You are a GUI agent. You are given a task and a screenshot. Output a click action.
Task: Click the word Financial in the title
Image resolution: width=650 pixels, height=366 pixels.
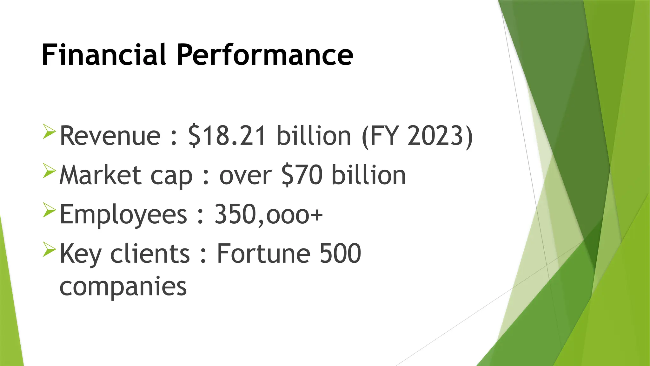pyautogui.click(x=104, y=55)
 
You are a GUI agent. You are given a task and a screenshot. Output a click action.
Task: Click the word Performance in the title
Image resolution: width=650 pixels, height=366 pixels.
pyautogui.click(x=265, y=55)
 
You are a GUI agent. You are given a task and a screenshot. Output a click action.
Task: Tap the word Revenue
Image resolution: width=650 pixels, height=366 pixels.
pyautogui.click(x=110, y=136)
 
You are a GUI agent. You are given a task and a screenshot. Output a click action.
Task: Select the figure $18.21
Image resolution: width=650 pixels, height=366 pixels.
pyautogui.click(x=227, y=136)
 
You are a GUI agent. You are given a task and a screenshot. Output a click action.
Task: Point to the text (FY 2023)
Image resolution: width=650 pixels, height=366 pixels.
pyautogui.click(x=417, y=136)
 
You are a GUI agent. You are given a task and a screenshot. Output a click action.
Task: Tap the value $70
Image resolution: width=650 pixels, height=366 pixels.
pyautogui.click(x=302, y=175)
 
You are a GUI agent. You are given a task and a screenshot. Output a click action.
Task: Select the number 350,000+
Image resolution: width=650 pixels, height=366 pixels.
pyautogui.click(x=269, y=215)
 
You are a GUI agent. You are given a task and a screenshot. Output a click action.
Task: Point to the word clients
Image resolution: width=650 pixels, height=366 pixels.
pyautogui.click(x=150, y=254)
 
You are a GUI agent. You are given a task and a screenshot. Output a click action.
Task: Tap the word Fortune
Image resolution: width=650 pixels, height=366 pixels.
pyautogui.click(x=263, y=254)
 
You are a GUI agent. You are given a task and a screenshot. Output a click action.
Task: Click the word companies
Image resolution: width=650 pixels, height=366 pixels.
pyautogui.click(x=123, y=287)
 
